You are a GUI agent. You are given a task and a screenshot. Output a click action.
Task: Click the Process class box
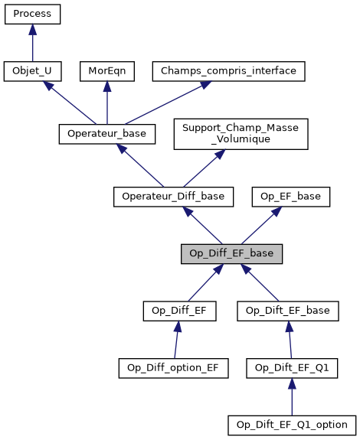coord(32,14)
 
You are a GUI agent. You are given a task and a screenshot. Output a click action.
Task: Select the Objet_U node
coord(32,71)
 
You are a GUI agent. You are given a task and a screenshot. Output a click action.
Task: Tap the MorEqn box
coord(106,71)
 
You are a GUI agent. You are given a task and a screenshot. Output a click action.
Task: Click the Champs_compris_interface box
coord(229,71)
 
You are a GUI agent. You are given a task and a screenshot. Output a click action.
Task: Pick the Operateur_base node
coord(107,134)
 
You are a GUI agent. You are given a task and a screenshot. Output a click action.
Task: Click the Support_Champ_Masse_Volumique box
coord(241,134)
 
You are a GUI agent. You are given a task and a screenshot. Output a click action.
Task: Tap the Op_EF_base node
coord(291,197)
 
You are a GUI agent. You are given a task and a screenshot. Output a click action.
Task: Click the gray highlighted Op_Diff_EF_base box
coord(232,254)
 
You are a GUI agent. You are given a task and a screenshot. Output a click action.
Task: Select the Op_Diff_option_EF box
coord(173,367)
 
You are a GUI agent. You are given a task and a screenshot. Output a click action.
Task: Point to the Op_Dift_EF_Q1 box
coord(291,367)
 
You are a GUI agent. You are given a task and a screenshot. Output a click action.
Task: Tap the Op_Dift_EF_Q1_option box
coord(291,424)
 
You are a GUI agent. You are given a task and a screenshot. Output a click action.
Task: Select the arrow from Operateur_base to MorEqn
coord(106,103)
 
